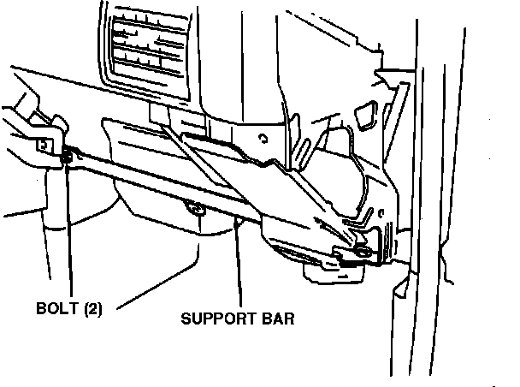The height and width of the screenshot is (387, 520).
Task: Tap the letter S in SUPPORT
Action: tap(185, 320)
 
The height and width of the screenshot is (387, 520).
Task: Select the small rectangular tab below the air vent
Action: tap(160, 113)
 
